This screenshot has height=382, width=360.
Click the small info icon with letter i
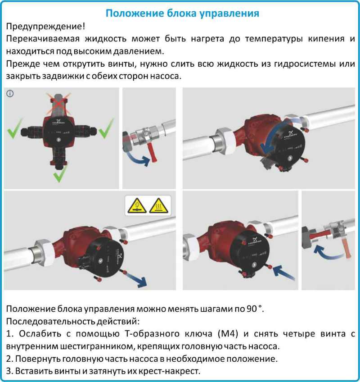(10, 94)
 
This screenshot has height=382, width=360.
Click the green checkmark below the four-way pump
(59, 174)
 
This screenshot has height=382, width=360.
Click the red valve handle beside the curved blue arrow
(154, 154)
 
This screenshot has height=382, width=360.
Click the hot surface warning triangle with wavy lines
(158, 205)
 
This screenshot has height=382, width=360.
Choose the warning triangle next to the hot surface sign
(137, 205)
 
